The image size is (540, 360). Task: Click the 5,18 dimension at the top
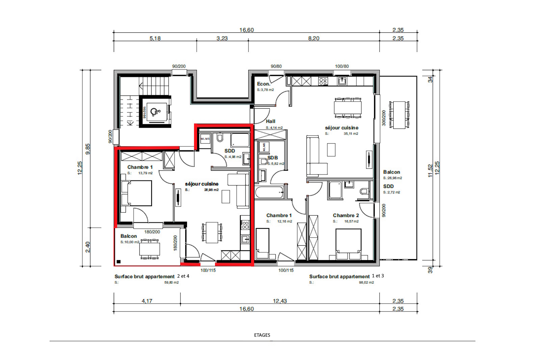click(155, 38)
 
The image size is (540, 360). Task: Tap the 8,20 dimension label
click(314, 38)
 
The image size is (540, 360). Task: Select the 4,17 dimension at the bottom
click(147, 301)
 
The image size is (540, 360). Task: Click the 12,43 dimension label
click(280, 301)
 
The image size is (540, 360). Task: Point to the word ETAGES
click(262, 335)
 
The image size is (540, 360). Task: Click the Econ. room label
click(263, 84)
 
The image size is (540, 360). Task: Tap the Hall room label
click(270, 121)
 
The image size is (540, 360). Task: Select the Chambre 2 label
click(346, 215)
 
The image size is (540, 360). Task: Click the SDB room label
click(273, 158)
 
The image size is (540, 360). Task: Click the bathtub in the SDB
click(269, 193)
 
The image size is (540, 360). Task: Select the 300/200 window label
click(384, 118)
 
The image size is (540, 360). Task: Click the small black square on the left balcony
click(118, 261)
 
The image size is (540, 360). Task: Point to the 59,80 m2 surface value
click(171, 282)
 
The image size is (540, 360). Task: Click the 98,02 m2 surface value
click(366, 282)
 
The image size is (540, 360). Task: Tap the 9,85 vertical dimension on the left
click(88, 149)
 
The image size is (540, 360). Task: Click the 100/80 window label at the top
click(342, 66)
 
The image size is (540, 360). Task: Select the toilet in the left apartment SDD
click(220, 138)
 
